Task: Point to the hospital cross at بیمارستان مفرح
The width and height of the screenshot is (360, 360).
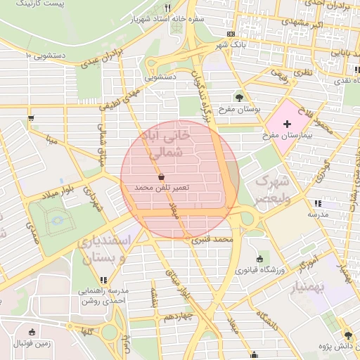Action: coord(287,124)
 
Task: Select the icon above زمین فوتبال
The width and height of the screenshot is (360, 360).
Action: coord(32,332)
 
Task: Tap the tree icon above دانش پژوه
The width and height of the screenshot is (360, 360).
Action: coord(347,335)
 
